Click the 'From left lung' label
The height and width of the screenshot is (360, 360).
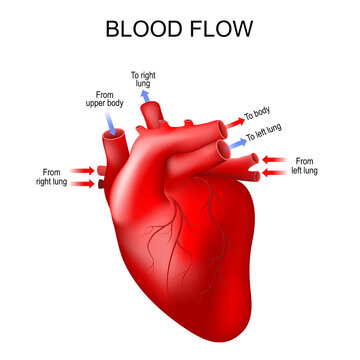305,165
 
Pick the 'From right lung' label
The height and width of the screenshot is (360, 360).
50,176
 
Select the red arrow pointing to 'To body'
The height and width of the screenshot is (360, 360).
237,119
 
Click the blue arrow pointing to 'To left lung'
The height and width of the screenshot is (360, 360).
237,144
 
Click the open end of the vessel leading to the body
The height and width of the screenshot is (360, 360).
222,127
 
